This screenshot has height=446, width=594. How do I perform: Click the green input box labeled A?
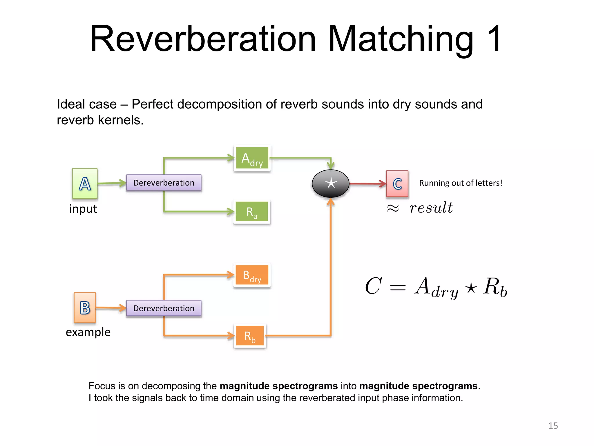[85, 184]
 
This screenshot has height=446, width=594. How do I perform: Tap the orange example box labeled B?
[85, 308]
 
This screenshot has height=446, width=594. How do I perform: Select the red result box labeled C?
[397, 184]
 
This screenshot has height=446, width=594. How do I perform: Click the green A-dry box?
[252, 158]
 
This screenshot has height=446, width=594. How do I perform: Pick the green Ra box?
[251, 212]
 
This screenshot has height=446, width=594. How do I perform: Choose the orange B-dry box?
[252, 275]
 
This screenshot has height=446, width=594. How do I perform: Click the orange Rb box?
[250, 336]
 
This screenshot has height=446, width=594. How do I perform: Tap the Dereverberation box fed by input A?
[164, 183]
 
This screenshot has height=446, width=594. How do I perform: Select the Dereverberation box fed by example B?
[164, 308]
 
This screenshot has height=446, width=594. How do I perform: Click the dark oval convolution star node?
[330, 184]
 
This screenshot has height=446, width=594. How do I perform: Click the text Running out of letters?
[461, 183]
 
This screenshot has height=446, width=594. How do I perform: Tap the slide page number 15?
[553, 426]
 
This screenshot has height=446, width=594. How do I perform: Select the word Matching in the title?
[400, 39]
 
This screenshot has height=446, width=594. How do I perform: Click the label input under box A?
[83, 209]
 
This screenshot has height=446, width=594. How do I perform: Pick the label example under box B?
[88, 332]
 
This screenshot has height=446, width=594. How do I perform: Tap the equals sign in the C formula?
[398, 287]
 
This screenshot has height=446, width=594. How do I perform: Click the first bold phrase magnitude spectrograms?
[279, 386]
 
